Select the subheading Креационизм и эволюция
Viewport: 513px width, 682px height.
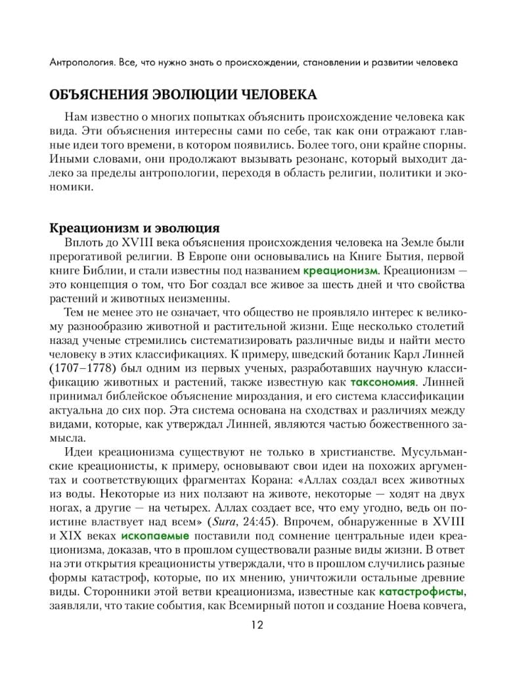click(135, 228)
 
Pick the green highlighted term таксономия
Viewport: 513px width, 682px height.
click(383, 382)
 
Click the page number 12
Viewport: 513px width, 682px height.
click(257, 625)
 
